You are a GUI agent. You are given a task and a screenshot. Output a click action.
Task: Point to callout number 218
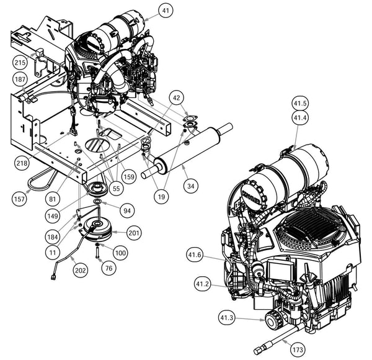23,163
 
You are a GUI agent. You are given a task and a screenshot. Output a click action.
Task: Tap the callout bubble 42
176,98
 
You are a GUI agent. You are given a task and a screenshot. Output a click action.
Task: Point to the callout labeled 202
80,270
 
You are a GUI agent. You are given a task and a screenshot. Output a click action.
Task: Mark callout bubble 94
126,211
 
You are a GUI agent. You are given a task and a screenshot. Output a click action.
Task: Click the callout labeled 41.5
301,104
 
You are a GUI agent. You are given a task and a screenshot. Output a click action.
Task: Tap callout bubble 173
298,350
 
